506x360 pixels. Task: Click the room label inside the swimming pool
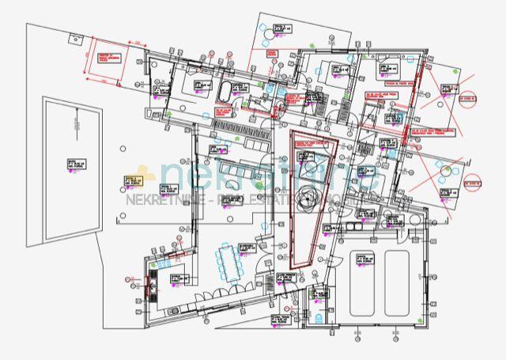pyautogui.click(x=72, y=165)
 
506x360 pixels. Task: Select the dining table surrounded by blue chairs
pyautogui.click(x=231, y=263)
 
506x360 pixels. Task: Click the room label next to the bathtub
pyautogui.click(x=197, y=85)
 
